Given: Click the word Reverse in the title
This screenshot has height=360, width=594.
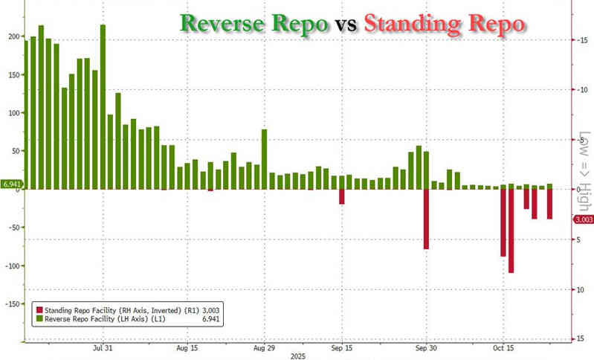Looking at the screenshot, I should click(221, 24).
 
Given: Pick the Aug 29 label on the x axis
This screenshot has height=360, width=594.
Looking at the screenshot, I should click(265, 347).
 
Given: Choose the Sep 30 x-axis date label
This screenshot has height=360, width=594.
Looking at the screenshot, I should click(425, 347).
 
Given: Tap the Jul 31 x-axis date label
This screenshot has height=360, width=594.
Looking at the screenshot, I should click(103, 347).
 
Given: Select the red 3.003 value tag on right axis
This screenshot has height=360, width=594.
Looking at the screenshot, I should click(582, 220).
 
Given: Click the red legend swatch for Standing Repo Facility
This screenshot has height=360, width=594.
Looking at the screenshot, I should click(39, 309).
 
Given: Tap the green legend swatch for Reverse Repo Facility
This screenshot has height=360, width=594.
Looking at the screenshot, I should click(39, 319).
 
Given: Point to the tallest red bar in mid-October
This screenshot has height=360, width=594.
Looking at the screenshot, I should click(511, 231).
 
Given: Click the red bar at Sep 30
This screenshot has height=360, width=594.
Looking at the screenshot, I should click(426, 219).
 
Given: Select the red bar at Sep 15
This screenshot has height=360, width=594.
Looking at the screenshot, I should click(342, 196).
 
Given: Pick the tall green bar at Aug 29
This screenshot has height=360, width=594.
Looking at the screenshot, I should click(264, 159).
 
